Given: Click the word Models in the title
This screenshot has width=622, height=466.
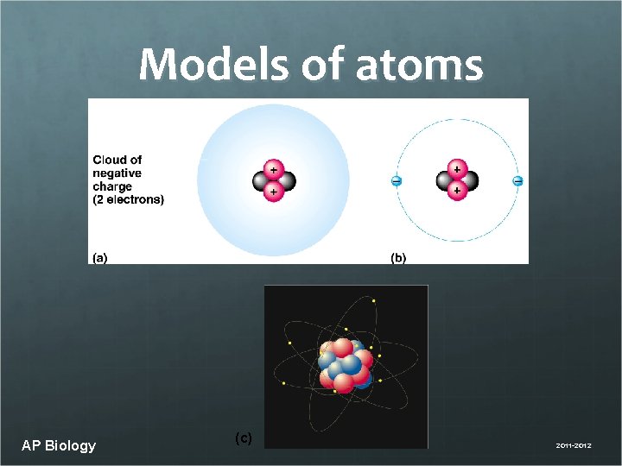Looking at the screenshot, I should click(203, 65).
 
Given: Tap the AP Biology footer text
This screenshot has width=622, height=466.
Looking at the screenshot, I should click(59, 445).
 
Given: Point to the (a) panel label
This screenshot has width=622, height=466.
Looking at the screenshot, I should click(101, 257).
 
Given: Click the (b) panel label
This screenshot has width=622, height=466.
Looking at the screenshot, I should click(398, 257).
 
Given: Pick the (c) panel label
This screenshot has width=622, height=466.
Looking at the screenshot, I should click(244, 438).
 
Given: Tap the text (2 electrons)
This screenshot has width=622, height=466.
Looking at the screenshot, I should click(128, 199).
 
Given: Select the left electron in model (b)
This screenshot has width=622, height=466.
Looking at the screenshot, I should click(396, 181).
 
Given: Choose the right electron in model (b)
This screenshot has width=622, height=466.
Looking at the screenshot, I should click(517, 181).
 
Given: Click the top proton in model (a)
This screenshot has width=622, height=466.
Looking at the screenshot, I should click(273, 170).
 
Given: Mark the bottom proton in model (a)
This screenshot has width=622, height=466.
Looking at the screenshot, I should click(273, 192).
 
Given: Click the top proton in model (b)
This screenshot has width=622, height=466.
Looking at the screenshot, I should click(456, 170).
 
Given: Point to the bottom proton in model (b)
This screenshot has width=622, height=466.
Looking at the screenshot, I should click(456, 191).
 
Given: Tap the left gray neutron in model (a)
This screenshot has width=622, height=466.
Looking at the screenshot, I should click(260, 181).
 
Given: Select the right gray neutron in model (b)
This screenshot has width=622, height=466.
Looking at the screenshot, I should click(470, 181).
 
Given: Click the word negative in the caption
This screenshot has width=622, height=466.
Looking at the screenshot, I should click(117, 173).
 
